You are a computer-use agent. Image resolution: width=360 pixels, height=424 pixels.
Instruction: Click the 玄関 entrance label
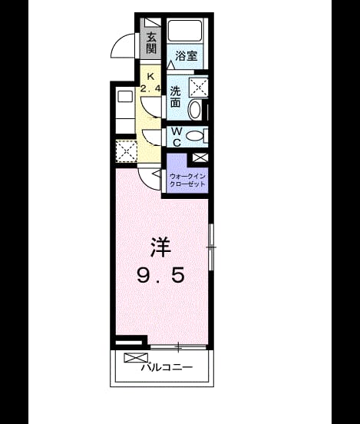(151, 43)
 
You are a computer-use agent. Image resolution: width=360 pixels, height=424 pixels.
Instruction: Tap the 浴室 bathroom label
(186, 56)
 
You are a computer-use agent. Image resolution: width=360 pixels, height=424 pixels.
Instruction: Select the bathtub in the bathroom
(185, 30)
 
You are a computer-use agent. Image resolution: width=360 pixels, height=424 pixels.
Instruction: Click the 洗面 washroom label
(175, 97)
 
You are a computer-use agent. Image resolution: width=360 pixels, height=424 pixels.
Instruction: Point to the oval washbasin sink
(195, 110)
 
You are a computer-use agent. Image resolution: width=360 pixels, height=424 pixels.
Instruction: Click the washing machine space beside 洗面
(198, 87)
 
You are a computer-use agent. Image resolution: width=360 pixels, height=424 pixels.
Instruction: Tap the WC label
(177, 137)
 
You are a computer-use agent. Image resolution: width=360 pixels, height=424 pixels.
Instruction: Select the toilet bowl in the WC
(195, 135)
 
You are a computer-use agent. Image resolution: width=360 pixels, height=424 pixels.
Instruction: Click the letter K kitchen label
(150, 77)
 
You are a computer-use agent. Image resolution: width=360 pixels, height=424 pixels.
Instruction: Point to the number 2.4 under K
(150, 88)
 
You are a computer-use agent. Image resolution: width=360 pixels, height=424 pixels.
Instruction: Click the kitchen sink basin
(125, 97)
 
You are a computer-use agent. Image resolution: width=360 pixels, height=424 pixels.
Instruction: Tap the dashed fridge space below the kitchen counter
(126, 151)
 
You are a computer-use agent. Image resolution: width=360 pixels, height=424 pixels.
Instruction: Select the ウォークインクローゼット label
(187, 181)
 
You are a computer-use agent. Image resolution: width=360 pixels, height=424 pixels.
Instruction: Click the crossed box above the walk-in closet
(200, 157)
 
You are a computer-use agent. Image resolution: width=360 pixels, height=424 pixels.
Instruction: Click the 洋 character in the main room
(161, 247)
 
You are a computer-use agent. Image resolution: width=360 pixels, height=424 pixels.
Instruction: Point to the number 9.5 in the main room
(161, 275)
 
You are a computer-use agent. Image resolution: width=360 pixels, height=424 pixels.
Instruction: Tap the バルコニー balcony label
(167, 367)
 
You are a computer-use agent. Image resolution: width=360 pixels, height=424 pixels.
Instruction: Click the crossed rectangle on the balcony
(136, 358)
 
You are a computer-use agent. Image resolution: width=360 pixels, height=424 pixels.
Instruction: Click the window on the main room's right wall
(211, 247)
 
